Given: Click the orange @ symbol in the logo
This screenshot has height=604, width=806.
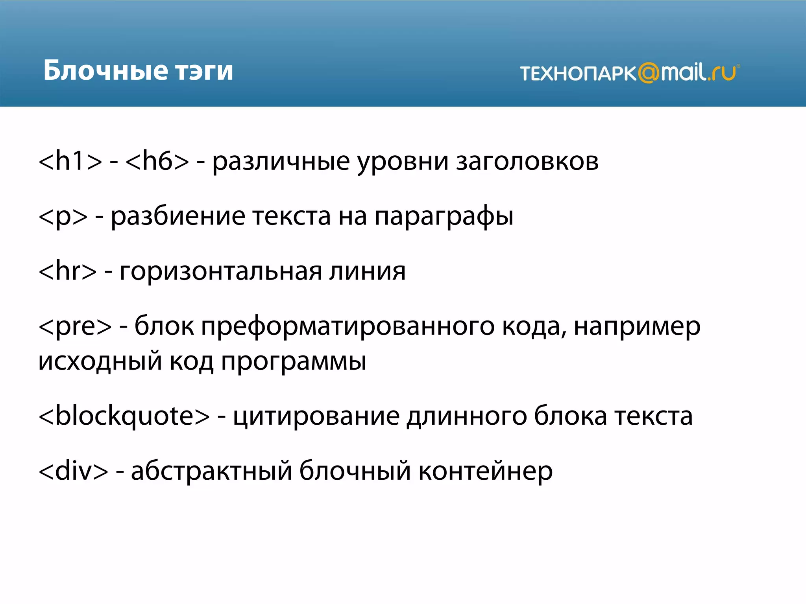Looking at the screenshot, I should coord(648,73).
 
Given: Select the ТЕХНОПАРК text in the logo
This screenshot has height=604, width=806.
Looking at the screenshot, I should coord(578,74).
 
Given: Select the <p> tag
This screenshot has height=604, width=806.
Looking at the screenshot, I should coord(63,216).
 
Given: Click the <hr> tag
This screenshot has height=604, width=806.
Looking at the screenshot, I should coord(67,271).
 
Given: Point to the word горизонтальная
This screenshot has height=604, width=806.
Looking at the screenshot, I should coord(220,272).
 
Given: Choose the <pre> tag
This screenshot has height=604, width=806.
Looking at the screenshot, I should coord(75,326).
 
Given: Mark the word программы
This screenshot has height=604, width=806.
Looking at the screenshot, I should coord(293,361).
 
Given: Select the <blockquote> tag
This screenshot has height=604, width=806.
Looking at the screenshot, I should coord(124,416).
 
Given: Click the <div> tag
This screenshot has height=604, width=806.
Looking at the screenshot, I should coord(73,471).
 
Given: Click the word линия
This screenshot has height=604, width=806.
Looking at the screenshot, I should coord(367,272).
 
